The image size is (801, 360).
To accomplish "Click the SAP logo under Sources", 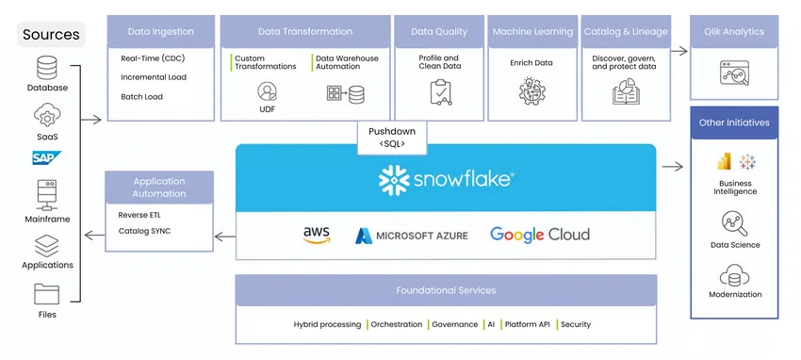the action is (47, 157).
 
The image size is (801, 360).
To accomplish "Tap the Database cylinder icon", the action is (47, 68).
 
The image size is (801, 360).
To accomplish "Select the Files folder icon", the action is (47, 294).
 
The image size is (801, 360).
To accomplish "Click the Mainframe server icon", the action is (47, 195).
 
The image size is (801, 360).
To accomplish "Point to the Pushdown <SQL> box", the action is (392, 138).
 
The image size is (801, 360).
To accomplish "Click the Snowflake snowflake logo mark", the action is (394, 180).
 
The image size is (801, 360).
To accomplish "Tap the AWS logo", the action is (317, 235).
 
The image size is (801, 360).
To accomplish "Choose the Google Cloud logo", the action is (540, 235).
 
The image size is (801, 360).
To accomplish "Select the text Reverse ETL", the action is (139, 215).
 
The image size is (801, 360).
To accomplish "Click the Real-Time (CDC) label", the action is (153, 58).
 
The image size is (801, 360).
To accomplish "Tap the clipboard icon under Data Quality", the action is (440, 92).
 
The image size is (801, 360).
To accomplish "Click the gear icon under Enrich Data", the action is (531, 91).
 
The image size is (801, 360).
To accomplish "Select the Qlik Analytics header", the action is (734, 32).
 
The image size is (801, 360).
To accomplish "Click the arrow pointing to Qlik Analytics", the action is (679, 51).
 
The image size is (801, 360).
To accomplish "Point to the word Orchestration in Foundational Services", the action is (397, 324).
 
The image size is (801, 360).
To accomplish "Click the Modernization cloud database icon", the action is (735, 276).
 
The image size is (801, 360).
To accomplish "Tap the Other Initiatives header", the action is (734, 123).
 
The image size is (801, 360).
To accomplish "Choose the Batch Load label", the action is (142, 96).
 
